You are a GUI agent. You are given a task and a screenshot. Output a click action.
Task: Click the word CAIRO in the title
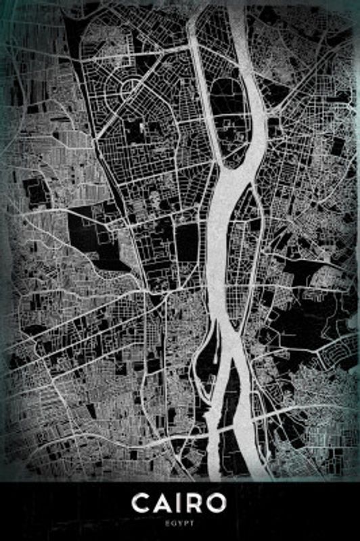(x=180, y=504)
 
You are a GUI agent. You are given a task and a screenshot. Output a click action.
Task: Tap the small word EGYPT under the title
(x=180, y=523)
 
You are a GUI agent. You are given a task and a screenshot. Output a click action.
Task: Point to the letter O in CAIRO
(x=218, y=504)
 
